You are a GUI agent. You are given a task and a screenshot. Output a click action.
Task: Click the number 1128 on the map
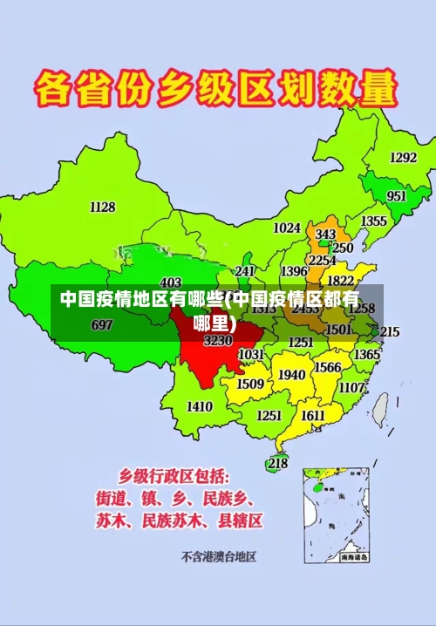[x=102, y=207]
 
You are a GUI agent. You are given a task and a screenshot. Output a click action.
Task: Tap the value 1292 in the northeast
[x=402, y=158]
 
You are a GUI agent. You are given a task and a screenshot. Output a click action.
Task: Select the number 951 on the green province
[x=396, y=196]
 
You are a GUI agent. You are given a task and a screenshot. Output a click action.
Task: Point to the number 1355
[x=374, y=221]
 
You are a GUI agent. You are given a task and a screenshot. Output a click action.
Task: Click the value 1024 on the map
[x=287, y=228]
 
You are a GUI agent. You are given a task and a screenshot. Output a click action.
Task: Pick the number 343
[x=325, y=235]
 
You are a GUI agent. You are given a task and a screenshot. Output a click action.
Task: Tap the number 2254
[x=323, y=260]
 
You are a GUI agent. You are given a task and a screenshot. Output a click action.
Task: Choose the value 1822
[x=340, y=281]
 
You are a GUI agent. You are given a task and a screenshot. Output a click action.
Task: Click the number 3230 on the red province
[x=217, y=341]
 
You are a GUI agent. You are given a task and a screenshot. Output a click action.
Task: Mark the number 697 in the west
[x=102, y=324]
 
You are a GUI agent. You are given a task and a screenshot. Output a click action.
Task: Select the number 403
[x=171, y=282]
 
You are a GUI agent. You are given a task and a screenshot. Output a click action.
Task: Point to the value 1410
[x=200, y=406]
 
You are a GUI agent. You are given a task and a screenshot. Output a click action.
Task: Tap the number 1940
[x=291, y=375]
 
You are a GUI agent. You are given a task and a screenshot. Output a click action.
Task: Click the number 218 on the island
[x=277, y=464]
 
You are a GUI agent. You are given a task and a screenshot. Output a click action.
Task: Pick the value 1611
[x=313, y=416]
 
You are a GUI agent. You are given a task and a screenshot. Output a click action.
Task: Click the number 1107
[x=351, y=387]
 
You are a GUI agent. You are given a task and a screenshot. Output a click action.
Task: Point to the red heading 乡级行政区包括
[x=174, y=476]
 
